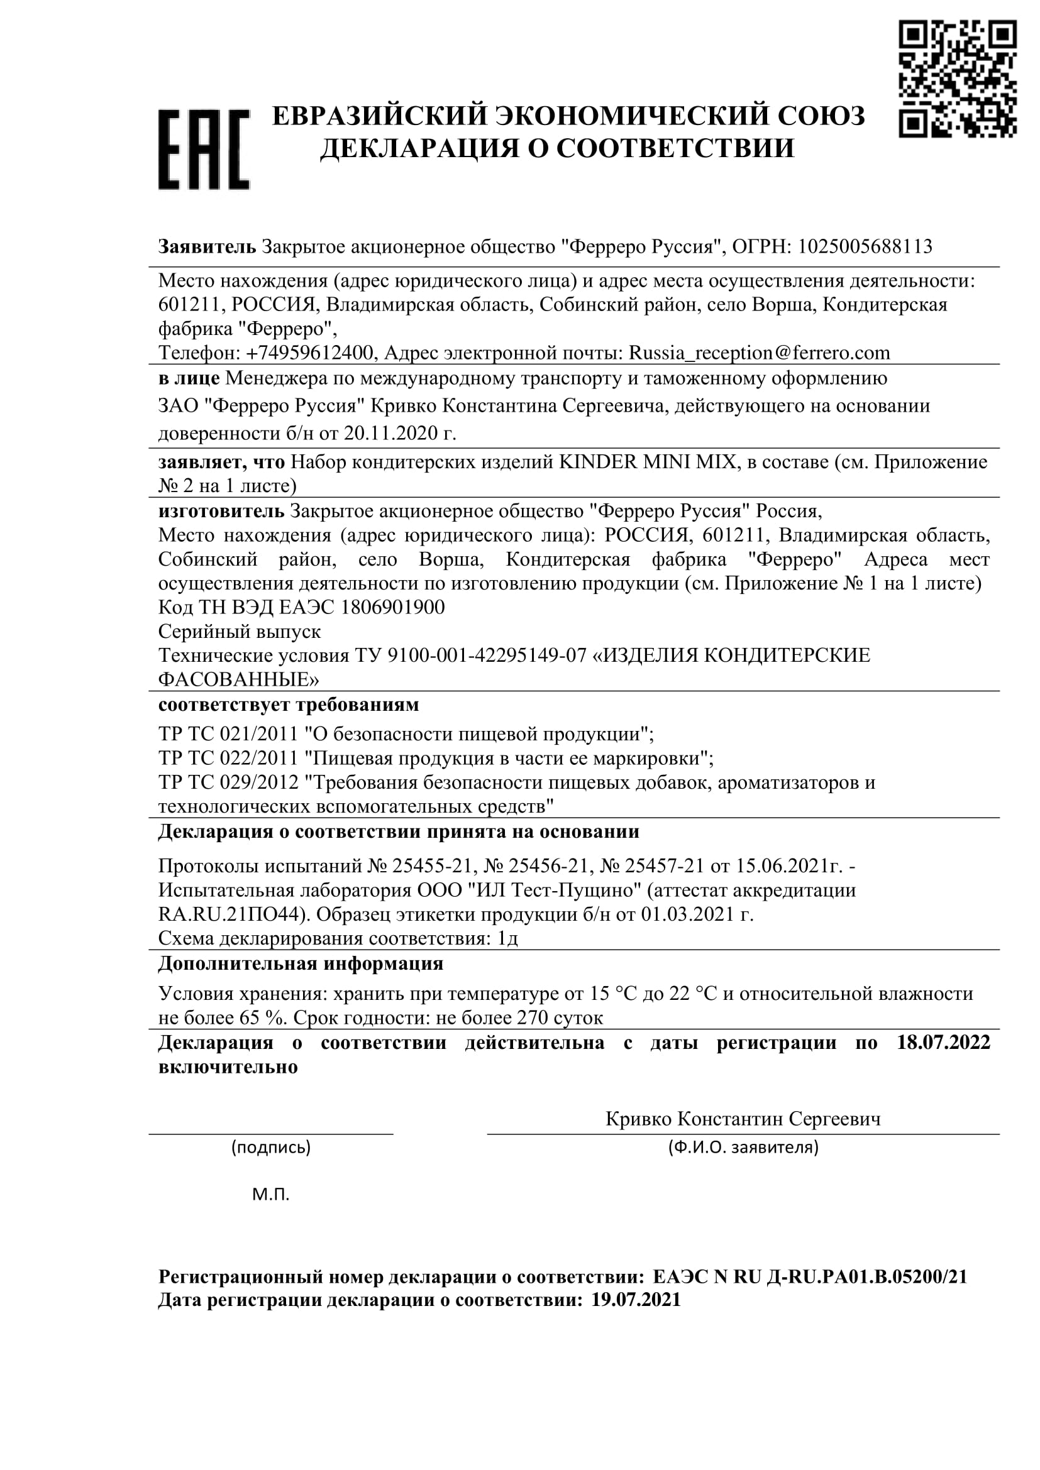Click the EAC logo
[x=204, y=149]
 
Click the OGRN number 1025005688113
[x=865, y=246]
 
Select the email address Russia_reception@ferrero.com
[x=760, y=353]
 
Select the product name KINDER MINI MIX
[x=648, y=462]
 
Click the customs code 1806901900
[x=393, y=607]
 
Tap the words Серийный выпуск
[x=240, y=631]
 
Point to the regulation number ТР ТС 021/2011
[x=229, y=733]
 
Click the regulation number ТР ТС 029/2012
[x=229, y=782]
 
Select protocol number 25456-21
[x=539, y=865]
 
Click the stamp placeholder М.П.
[x=271, y=1194]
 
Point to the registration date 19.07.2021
[x=636, y=1300]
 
